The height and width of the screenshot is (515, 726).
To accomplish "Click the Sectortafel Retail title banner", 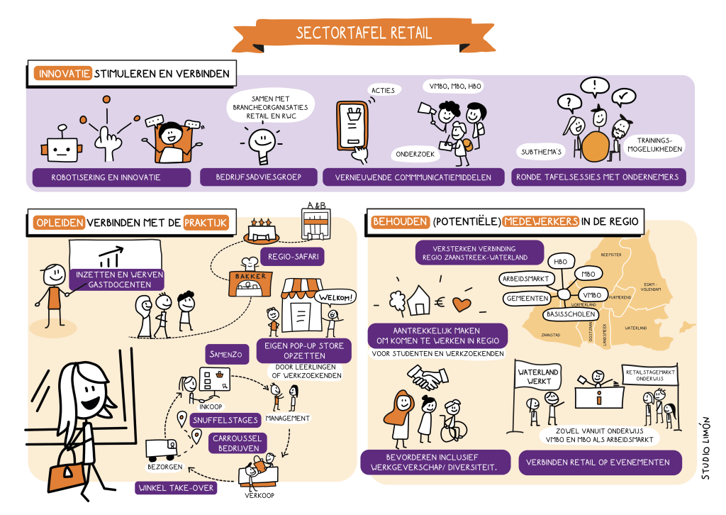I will click(x=363, y=33).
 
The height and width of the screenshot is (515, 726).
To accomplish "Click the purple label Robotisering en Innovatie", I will click(x=111, y=177).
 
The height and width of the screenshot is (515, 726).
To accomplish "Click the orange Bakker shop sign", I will click(x=249, y=277).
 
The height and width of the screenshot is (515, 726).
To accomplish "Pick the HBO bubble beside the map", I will click(x=560, y=262).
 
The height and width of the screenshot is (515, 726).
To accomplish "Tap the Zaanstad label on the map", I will click(x=551, y=333).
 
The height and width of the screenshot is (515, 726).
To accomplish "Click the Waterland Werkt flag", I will click(x=538, y=377).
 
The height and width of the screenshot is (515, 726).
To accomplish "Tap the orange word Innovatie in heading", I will click(x=62, y=73).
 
